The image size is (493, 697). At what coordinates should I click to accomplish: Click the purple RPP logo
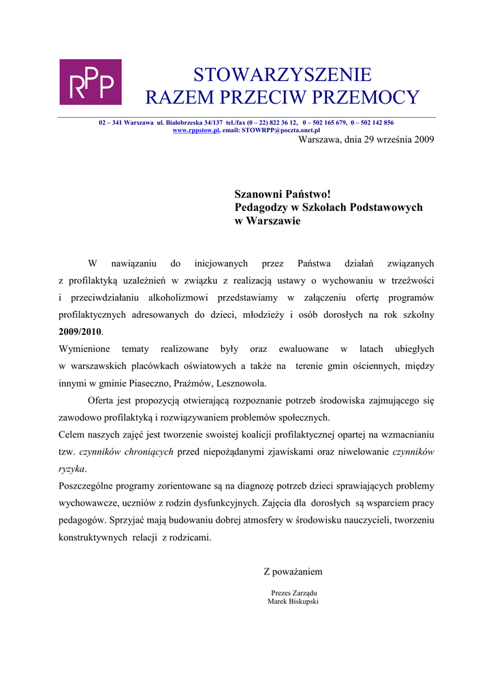coord(91,82)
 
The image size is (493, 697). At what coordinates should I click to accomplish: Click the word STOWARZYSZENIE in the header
coord(283,74)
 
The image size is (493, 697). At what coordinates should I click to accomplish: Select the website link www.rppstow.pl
coord(196,129)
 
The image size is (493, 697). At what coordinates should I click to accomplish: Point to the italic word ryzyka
coord(71,469)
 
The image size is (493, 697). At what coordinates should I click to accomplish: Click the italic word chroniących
coord(146,452)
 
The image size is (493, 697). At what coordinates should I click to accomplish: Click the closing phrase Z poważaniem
coord(293,572)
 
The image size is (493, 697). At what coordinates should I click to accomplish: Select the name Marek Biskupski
coord(293,602)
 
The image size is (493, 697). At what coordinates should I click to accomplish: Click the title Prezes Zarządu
coord(294,593)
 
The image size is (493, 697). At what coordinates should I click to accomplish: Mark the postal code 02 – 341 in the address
coord(110,123)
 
